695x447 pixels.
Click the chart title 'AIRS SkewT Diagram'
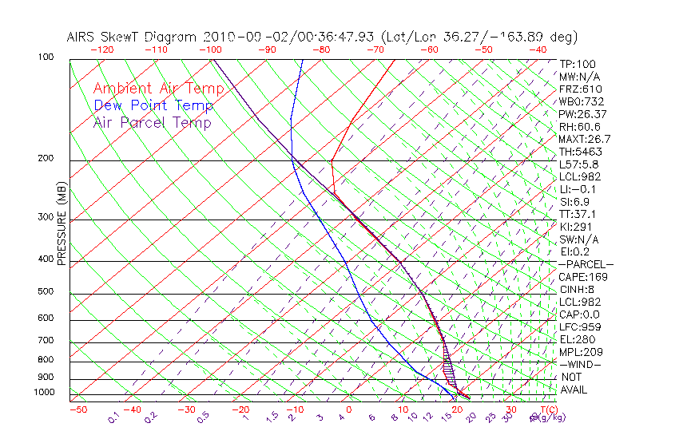pyautogui.click(x=132, y=38)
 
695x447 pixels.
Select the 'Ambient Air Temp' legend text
pyautogui.click(x=158, y=89)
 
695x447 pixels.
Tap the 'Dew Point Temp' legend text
pyautogui.click(x=153, y=105)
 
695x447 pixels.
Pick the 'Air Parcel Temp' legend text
pyautogui.click(x=152, y=122)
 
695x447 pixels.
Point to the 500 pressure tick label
pyautogui.click(x=46, y=292)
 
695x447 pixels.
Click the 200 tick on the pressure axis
pyautogui.click(x=46, y=159)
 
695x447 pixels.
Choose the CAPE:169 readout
pyautogui.click(x=583, y=277)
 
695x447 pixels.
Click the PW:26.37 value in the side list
pyautogui.click(x=582, y=114)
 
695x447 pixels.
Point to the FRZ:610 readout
pyautogui.click(x=580, y=89)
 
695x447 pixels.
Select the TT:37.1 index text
pyautogui.click(x=578, y=214)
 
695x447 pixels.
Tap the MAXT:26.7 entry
pyautogui.click(x=585, y=139)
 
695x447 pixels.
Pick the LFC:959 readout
pyautogui.click(x=579, y=326)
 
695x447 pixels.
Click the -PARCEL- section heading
pyautogui.click(x=586, y=264)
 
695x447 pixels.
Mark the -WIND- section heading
pyautogui.click(x=581, y=364)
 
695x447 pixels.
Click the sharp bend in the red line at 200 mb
pyautogui.click(x=331, y=161)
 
